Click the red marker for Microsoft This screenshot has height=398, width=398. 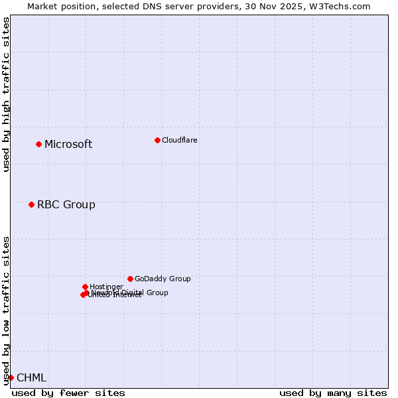[x=38, y=144]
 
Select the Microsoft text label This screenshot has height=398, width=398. [x=68, y=145]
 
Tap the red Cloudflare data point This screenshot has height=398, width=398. [x=157, y=140]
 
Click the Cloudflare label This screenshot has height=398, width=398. [x=179, y=140]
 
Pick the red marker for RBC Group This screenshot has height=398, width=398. [x=31, y=204]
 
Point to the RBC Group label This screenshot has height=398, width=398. [x=66, y=205]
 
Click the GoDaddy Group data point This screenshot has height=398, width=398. [x=130, y=279]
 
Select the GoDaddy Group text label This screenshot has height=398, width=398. [x=162, y=279]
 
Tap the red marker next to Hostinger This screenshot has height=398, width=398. [x=85, y=287]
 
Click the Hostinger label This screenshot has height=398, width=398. [x=106, y=287]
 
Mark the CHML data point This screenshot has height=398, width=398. [x=11, y=377]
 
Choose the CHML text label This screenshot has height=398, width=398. [x=31, y=378]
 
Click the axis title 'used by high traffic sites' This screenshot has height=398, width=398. [x=6, y=94]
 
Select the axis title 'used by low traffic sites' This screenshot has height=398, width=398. [x=6, y=310]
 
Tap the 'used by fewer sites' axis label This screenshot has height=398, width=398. [x=68, y=393]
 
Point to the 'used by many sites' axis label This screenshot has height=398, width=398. [x=333, y=393]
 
